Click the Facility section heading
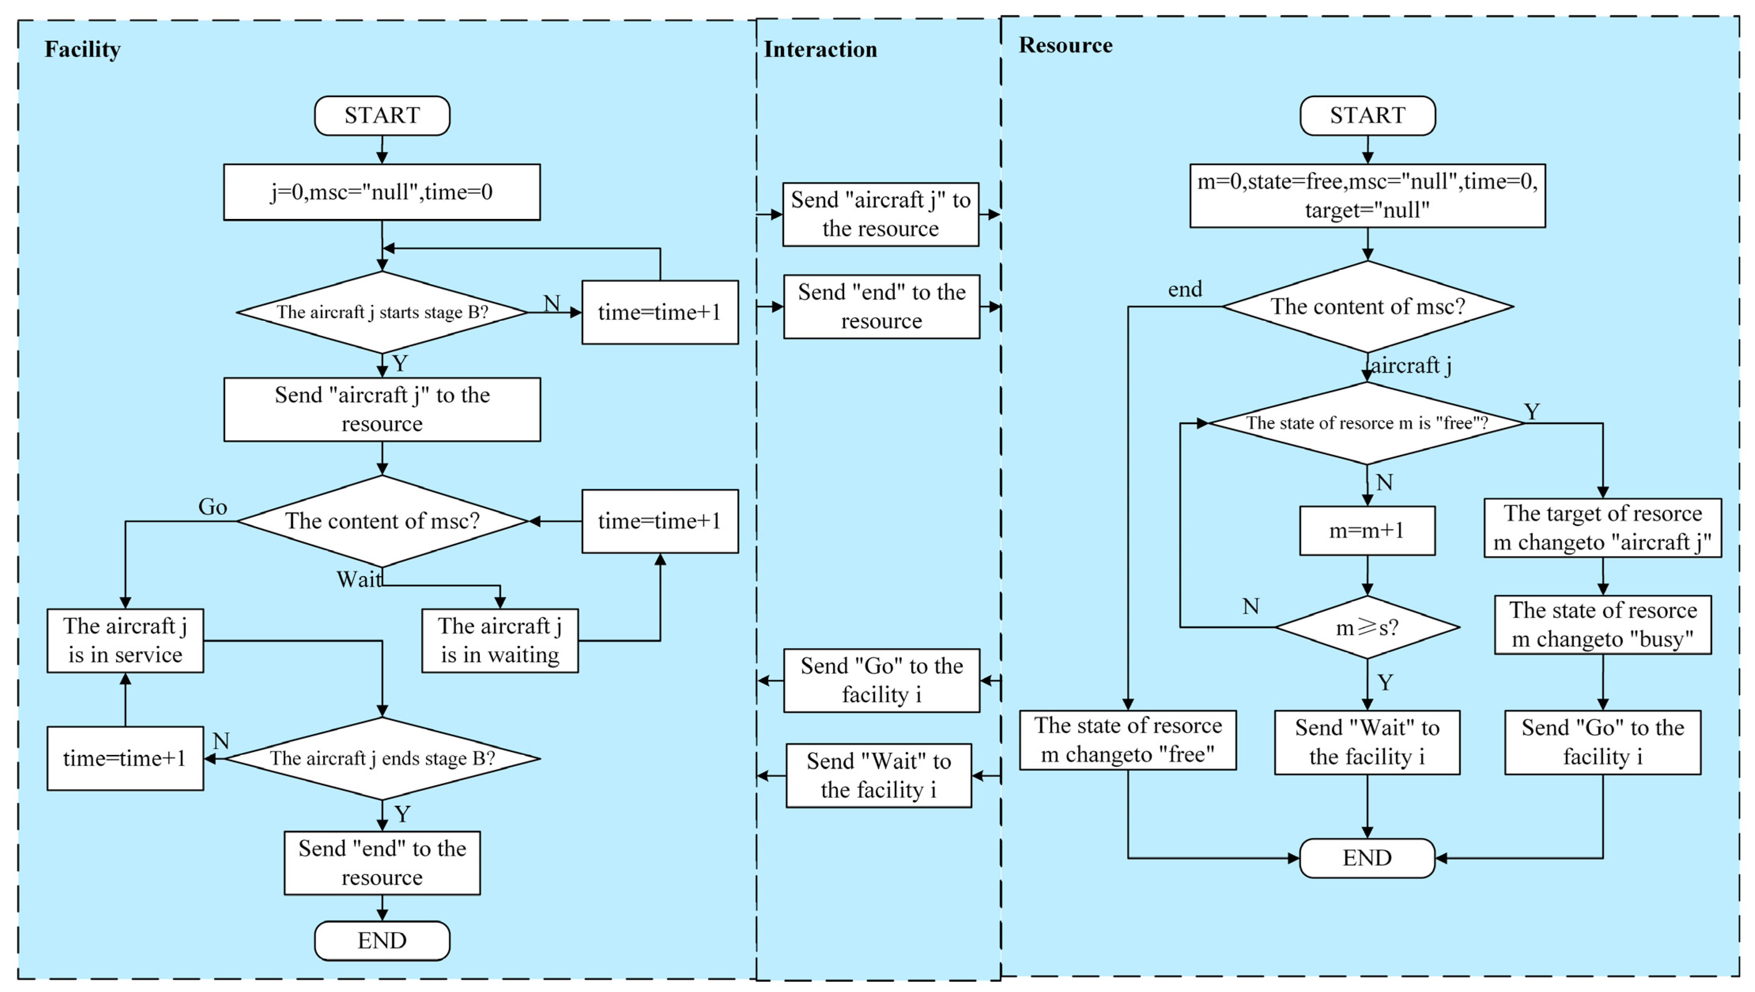point(83,49)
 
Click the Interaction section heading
point(820,49)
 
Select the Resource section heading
point(1065,45)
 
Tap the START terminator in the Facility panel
point(382,115)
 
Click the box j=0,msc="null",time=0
point(382,192)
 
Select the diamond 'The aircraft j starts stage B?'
point(382,312)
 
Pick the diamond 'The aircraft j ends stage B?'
point(382,758)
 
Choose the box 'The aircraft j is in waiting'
point(500,640)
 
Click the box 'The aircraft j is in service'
point(125,640)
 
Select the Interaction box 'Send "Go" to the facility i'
point(882,680)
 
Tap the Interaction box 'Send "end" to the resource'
point(882,307)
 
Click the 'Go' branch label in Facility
point(213,507)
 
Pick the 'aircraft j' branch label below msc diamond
point(1411,366)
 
